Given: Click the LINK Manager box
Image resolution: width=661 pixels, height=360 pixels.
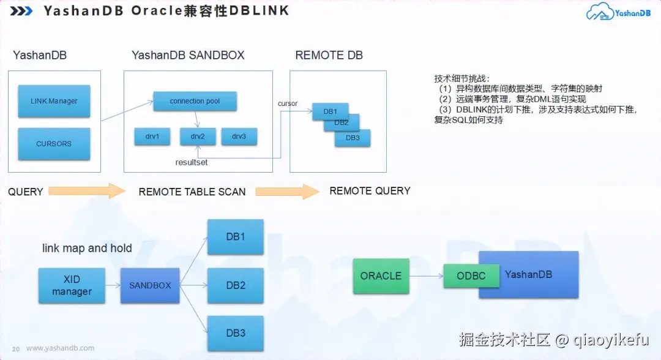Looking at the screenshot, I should pos(54,101).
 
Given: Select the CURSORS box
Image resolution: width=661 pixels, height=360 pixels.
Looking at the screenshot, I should pos(54,144).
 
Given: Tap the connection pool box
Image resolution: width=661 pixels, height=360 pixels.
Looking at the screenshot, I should pos(195,101).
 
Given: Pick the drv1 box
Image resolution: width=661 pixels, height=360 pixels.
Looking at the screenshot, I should pos(152,137).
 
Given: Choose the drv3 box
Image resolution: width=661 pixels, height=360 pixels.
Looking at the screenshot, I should pos(239,137).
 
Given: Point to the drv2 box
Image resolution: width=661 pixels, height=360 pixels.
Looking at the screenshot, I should pos(197,137).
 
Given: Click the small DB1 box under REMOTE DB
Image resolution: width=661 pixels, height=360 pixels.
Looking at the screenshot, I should pos(329,112).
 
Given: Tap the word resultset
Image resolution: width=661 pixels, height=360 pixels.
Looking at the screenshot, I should pos(192,163).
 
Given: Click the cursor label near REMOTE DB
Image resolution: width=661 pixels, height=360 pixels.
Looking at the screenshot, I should pos(288,103).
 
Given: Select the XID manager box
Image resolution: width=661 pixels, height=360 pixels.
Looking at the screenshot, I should pos(72,285).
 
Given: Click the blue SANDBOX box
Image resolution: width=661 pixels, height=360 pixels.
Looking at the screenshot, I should pos(150,285).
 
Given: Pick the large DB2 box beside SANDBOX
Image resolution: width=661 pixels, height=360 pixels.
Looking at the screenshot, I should pos(236,285).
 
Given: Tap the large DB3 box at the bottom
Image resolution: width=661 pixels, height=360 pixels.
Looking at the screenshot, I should pos(236,333).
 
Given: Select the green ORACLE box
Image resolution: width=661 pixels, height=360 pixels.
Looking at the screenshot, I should pos(381,276).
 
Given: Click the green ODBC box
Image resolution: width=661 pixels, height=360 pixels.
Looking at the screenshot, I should pos(471,276).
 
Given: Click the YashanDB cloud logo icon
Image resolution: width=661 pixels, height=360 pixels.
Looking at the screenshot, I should pos(600,13).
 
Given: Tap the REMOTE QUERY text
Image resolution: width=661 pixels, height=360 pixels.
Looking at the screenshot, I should pos(370,191).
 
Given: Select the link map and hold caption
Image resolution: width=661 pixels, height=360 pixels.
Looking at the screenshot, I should pos(87,248).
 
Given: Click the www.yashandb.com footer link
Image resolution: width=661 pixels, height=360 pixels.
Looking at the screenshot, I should pos(60,348).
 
